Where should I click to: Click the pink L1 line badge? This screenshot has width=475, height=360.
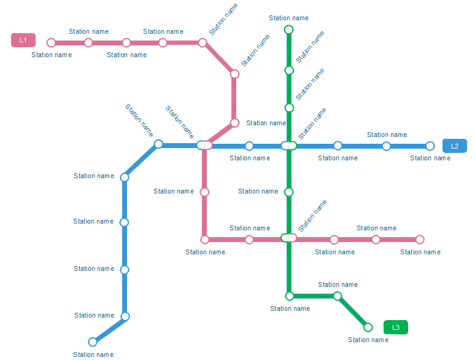coord(23,41)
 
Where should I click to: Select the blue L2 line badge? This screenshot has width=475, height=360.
coord(455,146)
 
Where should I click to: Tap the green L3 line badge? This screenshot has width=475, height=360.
coord(396,327)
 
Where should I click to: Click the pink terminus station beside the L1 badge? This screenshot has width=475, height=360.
coord(52,43)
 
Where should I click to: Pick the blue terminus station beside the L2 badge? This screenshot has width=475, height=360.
coord(430,146)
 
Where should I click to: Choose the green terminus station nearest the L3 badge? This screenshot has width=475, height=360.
coord(368,327)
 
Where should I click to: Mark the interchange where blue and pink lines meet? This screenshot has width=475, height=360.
coord(205,146)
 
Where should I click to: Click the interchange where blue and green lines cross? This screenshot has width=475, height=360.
coord(289,146)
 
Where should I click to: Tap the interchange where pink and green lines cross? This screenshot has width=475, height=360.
coord(288,238)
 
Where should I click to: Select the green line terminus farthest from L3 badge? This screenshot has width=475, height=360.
coord(289,29)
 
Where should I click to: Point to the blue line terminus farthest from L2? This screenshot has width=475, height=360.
coord(93,342)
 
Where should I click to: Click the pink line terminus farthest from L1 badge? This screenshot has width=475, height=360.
coord(420,240)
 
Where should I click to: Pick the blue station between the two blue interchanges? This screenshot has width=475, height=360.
coord(249,146)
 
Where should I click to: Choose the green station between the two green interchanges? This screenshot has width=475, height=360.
coord(289,192)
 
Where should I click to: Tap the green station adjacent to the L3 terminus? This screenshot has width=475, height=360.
coord(337,296)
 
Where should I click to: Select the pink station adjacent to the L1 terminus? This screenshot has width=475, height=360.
coord(88,43)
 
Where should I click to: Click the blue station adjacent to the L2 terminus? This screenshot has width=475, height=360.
coord(386,146)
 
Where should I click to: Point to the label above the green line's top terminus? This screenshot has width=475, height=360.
coord(288,18)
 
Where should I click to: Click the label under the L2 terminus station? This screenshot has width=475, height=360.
coord(430,158)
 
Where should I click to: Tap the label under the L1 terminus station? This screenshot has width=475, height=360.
coord(52,55)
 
